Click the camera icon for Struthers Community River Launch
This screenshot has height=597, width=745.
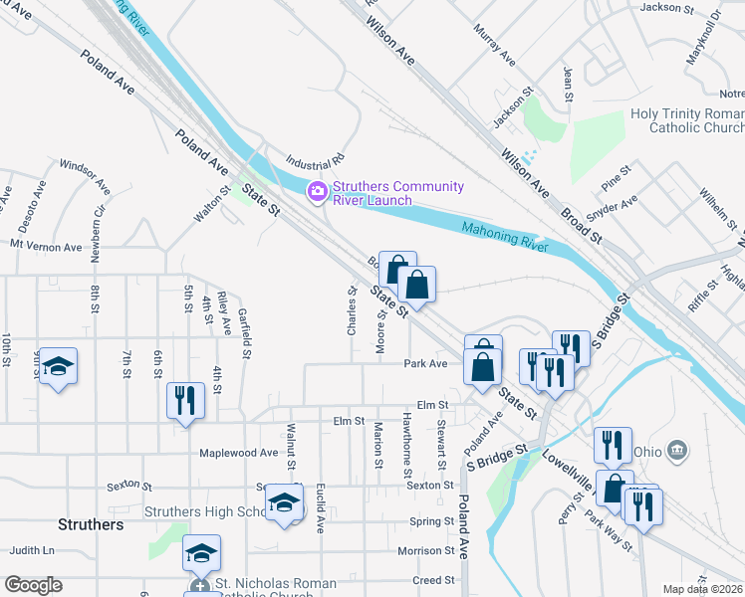click(318, 190)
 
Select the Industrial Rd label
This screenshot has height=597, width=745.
click(314, 159)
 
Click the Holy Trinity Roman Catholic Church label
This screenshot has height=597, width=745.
click(686, 120)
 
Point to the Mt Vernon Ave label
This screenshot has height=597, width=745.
click(46, 246)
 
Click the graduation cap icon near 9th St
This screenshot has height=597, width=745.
click(58, 367)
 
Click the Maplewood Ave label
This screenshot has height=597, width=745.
click(239, 453)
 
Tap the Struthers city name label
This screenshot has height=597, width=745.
click(91, 524)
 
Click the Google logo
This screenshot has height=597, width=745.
click(33, 585)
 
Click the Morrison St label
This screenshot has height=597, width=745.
click(426, 550)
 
